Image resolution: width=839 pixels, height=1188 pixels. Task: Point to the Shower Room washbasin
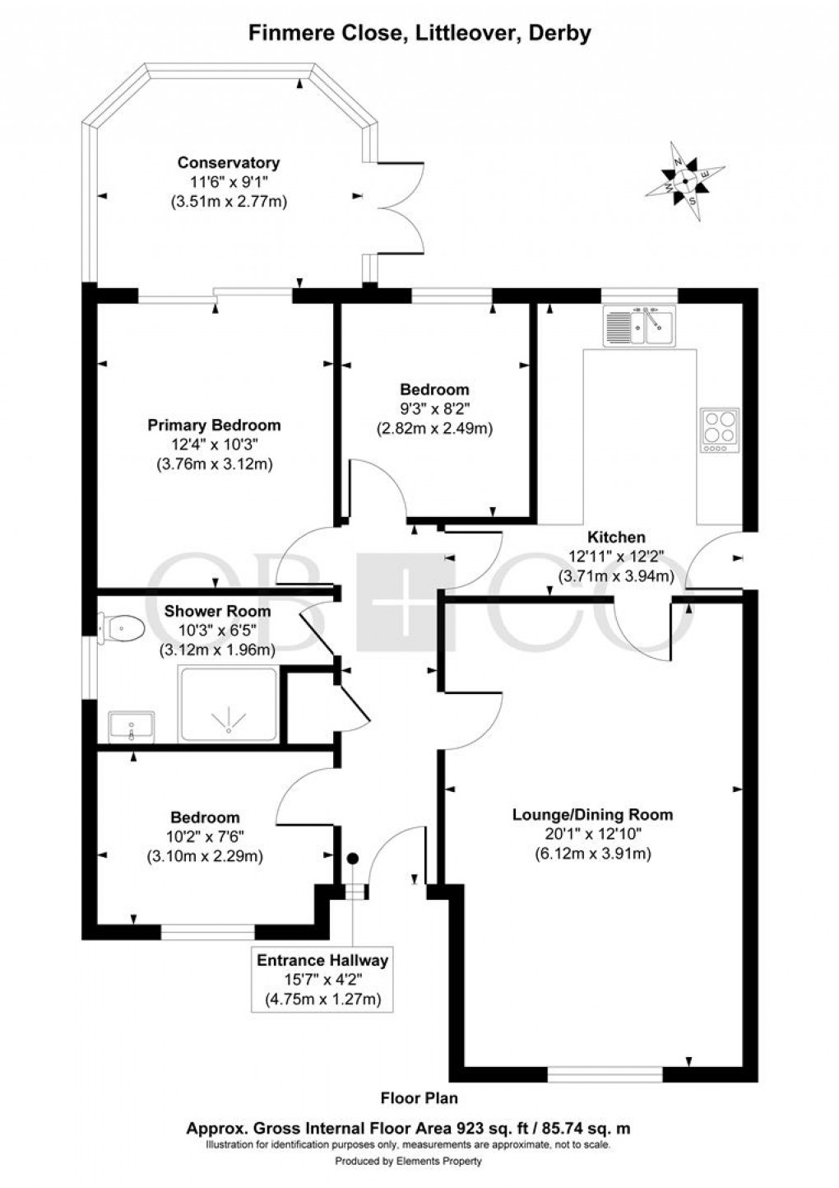click(x=131, y=727)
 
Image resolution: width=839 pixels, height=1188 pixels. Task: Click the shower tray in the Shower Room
click(x=228, y=706)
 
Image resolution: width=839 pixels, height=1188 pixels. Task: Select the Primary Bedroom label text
click(x=214, y=425)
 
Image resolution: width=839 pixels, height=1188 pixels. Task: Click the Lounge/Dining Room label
click(x=592, y=814)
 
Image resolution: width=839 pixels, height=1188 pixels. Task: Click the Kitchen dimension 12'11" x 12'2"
click(x=615, y=557)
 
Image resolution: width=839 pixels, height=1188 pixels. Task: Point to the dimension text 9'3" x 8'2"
click(x=434, y=408)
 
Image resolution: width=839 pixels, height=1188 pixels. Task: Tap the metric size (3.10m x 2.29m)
click(x=205, y=856)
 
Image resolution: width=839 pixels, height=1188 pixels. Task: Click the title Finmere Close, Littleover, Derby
click(x=419, y=34)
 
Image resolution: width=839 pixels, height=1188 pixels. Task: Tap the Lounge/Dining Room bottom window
click(x=605, y=1074)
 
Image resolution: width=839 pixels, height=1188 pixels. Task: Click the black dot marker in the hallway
click(x=353, y=859)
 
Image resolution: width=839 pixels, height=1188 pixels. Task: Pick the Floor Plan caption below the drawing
click(x=419, y=1097)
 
